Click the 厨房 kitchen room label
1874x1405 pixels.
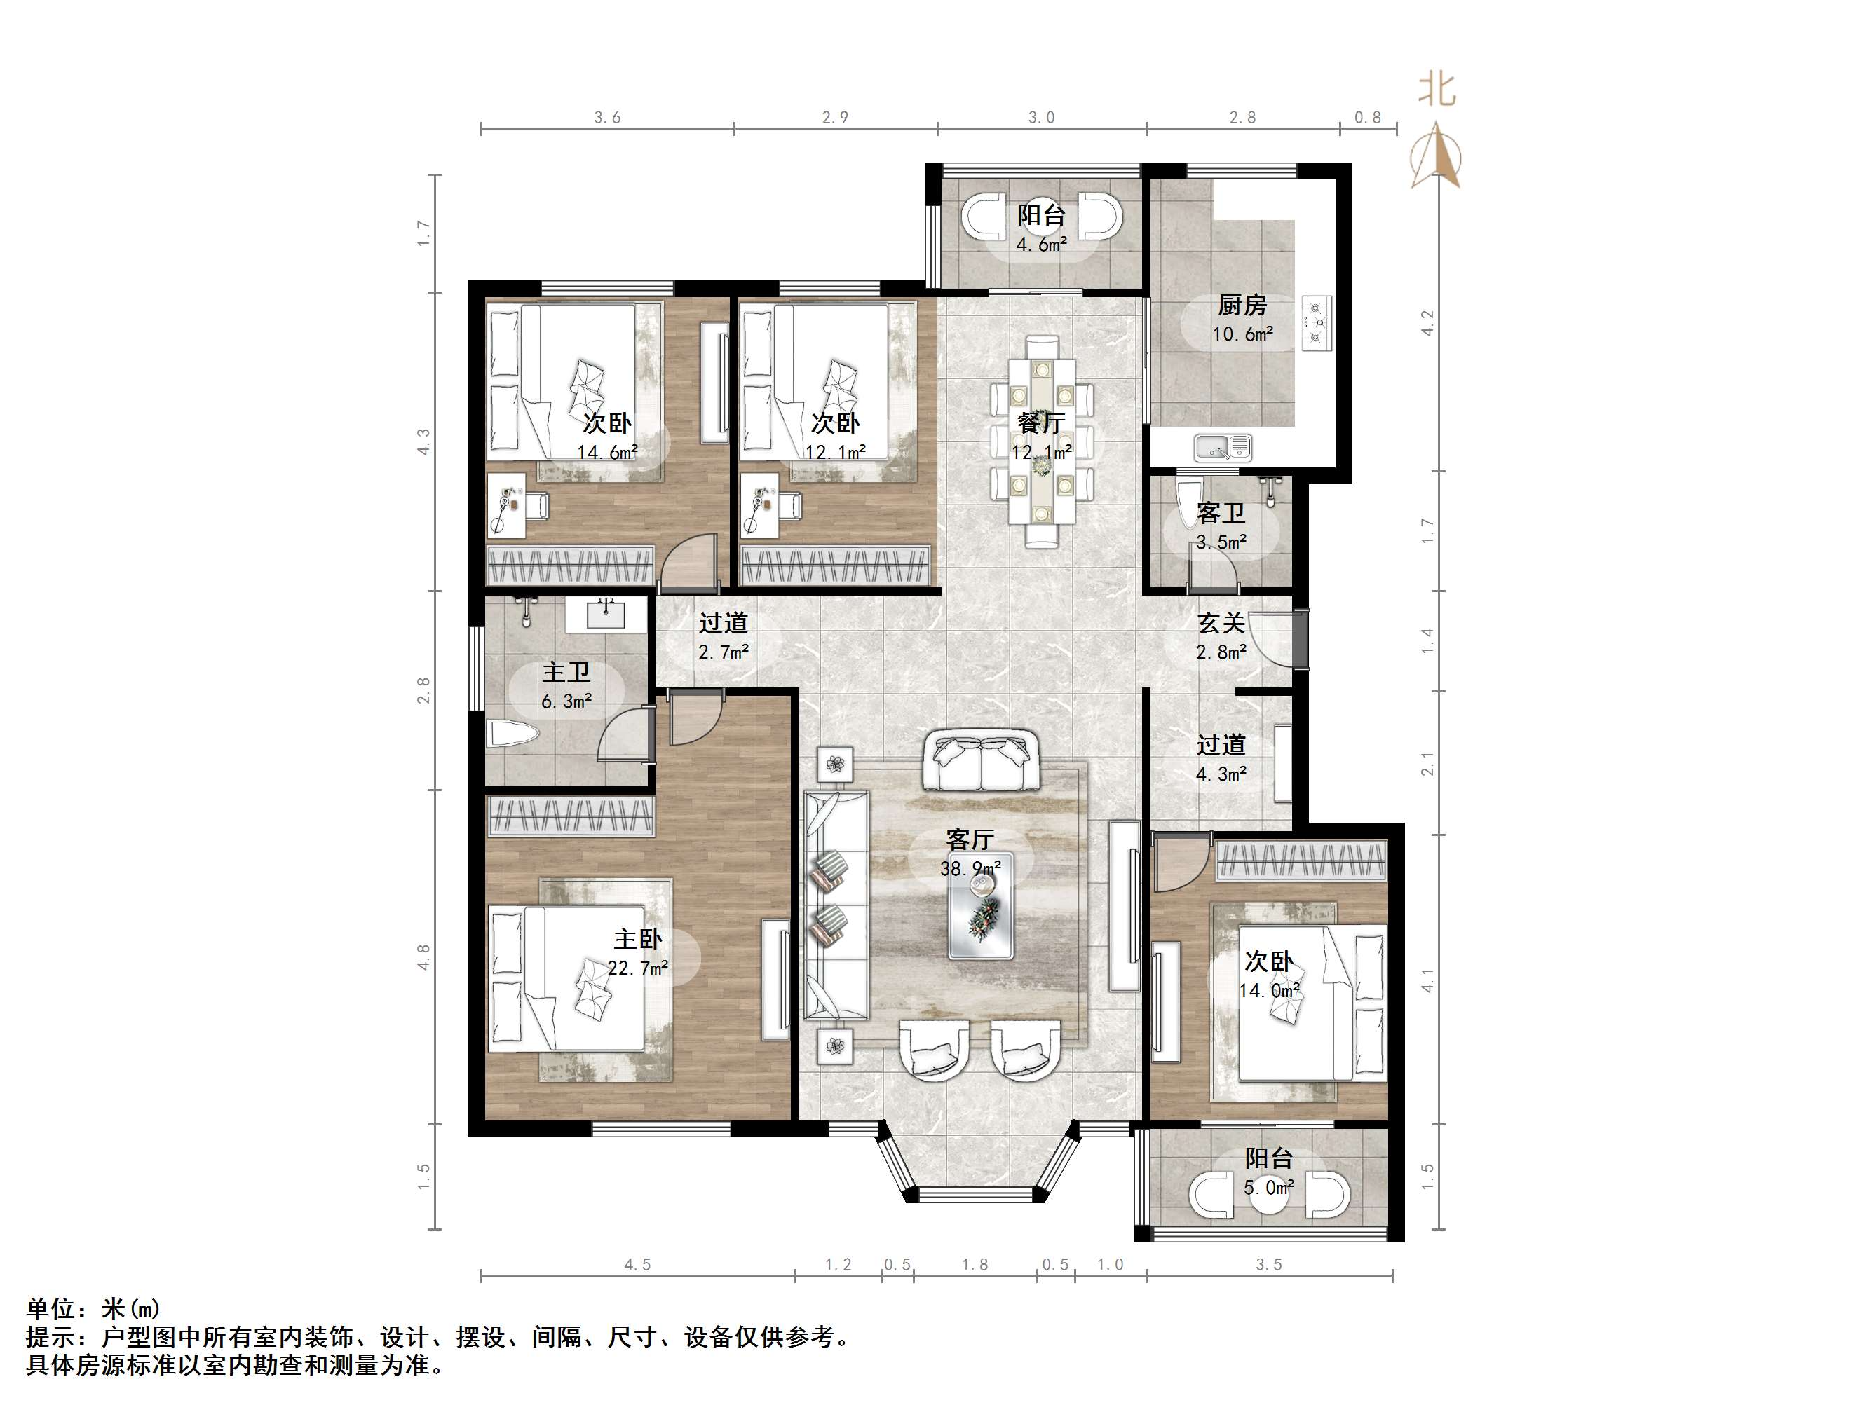(1242, 305)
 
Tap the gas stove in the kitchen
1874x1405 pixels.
(1317, 322)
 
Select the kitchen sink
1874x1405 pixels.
(1222, 446)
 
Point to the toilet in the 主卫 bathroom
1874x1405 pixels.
(512, 734)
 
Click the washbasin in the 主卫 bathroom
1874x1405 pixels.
(606, 614)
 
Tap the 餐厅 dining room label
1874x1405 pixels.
(1040, 423)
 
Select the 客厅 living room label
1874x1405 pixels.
(970, 839)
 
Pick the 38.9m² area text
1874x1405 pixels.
(970, 868)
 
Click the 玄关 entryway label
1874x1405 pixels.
(1221, 623)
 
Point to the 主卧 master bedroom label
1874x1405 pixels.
(637, 938)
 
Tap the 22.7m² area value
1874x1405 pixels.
(637, 967)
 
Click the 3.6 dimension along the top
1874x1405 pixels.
(606, 118)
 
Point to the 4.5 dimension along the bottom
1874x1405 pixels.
(637, 1264)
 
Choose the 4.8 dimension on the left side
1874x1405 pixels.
(423, 957)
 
